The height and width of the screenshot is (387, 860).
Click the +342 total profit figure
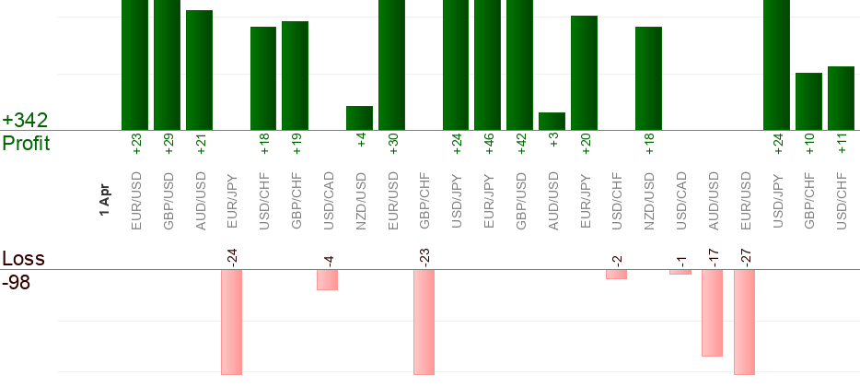point(24,121)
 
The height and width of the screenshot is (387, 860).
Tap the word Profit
point(26,144)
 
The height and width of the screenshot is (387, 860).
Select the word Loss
point(23,258)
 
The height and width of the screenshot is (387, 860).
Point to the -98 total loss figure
point(17,282)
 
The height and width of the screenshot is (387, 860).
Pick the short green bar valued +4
point(359,118)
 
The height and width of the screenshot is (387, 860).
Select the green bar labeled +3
point(552,122)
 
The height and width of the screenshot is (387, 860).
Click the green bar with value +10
point(808,101)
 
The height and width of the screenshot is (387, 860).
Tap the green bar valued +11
point(841,98)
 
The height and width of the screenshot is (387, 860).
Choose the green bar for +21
point(199,70)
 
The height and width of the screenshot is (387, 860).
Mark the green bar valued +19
point(295,76)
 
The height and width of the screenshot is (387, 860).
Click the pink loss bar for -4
point(328,279)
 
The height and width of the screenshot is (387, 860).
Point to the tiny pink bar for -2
point(616,274)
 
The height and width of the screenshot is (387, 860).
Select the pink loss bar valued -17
point(712,312)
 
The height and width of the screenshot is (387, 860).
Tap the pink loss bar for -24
point(231,322)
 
